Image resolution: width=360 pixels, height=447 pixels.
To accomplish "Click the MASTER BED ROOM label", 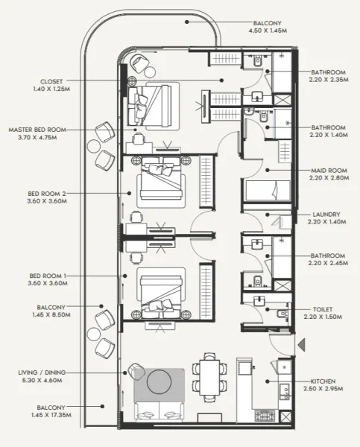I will click(37, 129).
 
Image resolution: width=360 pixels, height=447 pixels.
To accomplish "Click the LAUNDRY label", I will click(326, 214).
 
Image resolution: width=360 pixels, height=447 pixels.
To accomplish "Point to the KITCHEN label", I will click(326, 381).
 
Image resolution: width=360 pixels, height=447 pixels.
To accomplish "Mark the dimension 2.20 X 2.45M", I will click(328, 264).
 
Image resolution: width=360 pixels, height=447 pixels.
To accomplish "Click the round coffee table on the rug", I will click(159, 382).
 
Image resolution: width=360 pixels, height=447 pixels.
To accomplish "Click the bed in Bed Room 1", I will click(160, 291).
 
